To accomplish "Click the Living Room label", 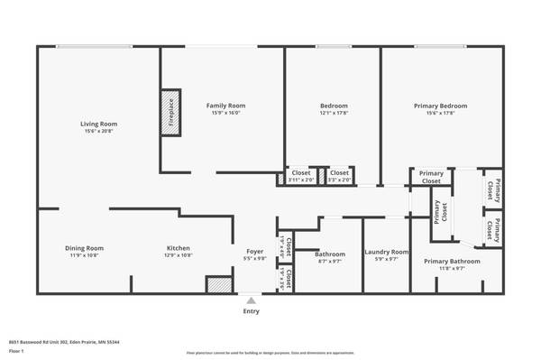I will coord(99,124).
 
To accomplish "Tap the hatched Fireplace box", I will coord(170,112).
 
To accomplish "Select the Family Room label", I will coord(225,106).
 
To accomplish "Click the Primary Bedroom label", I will coord(440,106).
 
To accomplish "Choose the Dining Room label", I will coord(84,248).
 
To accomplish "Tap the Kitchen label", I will coord(178,248).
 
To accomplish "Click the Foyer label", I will coord(255,251).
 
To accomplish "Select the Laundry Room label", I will coord(386,252).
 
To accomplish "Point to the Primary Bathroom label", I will coord(452,261).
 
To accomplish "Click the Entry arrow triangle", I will coord(251,300).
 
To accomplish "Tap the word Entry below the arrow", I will coord(251,311).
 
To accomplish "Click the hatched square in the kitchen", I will coord(218,284).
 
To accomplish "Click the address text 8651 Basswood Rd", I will coord(64,342).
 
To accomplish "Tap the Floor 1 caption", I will coord(16,351).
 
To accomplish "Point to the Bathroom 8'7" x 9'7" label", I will coord(329,257).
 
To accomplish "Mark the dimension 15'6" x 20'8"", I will coord(99,132).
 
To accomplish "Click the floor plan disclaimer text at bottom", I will coord(270,353).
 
